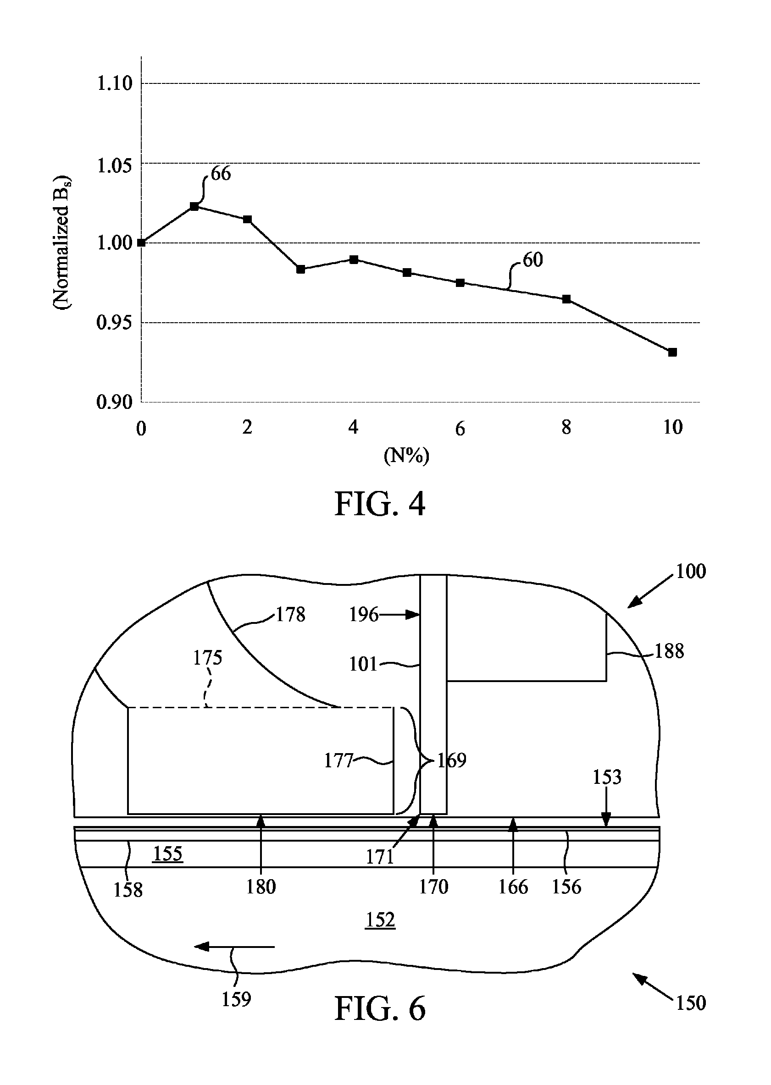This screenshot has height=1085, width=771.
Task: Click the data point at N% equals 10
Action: click(672, 352)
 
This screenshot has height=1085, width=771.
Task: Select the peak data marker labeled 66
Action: click(194, 206)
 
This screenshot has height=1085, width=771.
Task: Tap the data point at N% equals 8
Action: click(566, 299)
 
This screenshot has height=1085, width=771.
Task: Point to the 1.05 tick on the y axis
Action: click(114, 165)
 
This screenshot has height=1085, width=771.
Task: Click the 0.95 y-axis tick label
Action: click(114, 323)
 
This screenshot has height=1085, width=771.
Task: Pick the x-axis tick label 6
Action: click(460, 429)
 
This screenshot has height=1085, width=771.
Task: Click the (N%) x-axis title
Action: click(406, 456)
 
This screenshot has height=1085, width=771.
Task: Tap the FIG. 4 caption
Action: click(380, 504)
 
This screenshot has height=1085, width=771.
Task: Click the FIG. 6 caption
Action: click(380, 1008)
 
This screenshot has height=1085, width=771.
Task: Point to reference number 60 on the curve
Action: click(532, 260)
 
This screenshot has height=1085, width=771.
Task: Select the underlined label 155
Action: click(168, 854)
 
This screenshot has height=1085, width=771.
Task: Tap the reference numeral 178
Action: click(290, 615)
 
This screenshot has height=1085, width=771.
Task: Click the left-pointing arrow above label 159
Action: click(234, 947)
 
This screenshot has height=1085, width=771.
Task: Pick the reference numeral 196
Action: click(364, 615)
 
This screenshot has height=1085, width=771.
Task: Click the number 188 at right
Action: click(669, 651)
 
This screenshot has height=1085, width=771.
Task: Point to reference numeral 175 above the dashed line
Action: click(207, 657)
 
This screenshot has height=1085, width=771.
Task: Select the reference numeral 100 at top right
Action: click(691, 572)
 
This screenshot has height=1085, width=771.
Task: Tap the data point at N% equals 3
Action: click(300, 269)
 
